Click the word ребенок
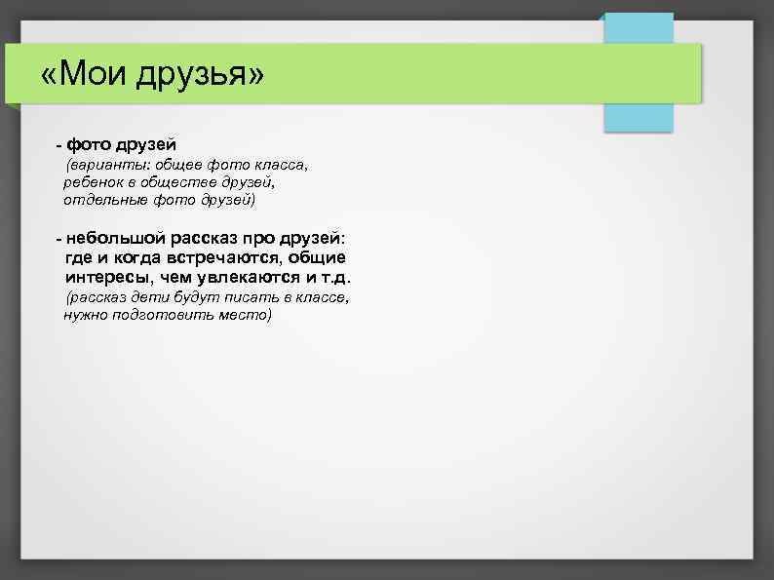click(94, 182)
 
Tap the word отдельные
click(104, 200)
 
